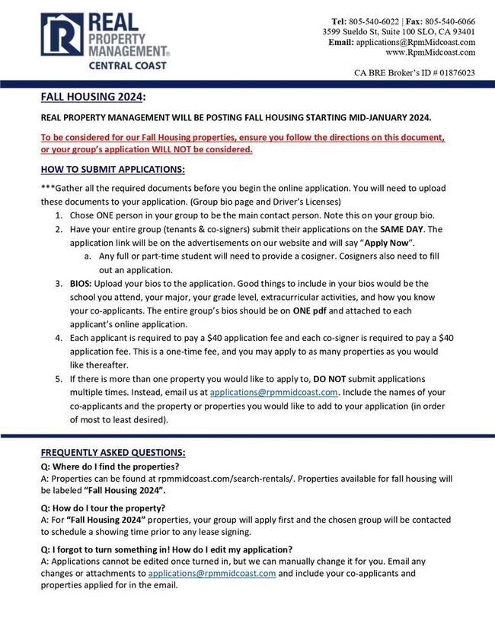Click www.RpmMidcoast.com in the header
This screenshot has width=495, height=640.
coord(430,53)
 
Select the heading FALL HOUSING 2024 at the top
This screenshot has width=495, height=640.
coord(91,98)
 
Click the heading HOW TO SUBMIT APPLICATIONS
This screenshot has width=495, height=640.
coord(113,168)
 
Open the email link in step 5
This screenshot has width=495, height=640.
coord(273,392)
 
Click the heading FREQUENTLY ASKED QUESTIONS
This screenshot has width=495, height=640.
coord(113,452)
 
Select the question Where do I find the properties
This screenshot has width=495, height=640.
coord(110,466)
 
